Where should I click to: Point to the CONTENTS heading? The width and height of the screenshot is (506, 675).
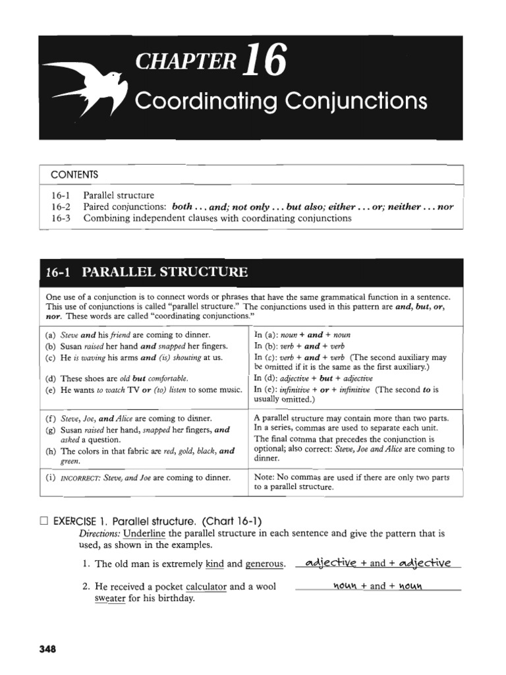[x=74, y=175]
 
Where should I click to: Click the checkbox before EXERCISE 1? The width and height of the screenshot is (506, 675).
[x=44, y=521]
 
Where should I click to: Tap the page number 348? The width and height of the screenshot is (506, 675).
[x=48, y=649]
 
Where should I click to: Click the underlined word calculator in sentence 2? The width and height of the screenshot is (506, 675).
[x=206, y=586]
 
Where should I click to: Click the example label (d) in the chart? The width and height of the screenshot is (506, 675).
[x=50, y=378]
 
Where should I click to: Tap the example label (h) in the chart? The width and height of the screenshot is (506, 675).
[x=50, y=452]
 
